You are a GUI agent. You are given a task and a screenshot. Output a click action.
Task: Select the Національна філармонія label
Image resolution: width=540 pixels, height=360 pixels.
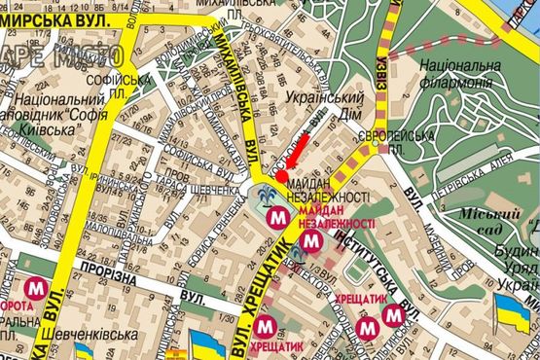459,74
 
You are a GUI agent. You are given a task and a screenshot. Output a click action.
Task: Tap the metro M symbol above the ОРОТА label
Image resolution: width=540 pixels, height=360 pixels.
38,289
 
